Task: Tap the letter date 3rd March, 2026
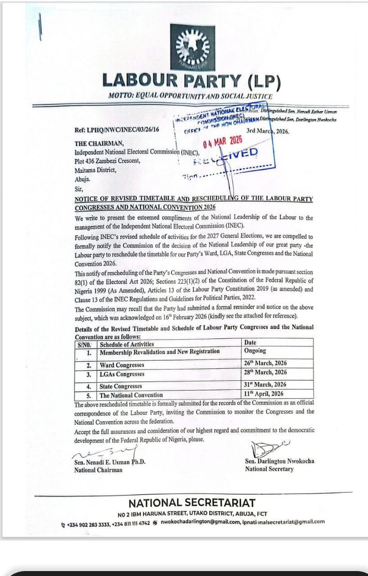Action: [x=268, y=131]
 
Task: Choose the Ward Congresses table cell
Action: [x=122, y=365]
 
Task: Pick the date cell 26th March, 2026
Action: [x=265, y=363]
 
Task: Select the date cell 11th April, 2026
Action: [x=264, y=394]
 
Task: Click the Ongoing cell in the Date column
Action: [x=255, y=351]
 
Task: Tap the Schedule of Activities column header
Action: [x=127, y=344]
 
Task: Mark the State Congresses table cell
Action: [x=121, y=386]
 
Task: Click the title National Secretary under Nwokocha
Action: [x=269, y=469]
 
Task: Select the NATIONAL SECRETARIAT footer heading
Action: [x=192, y=503]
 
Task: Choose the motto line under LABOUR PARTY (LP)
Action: [x=190, y=96]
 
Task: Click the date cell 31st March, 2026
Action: [x=265, y=385]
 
